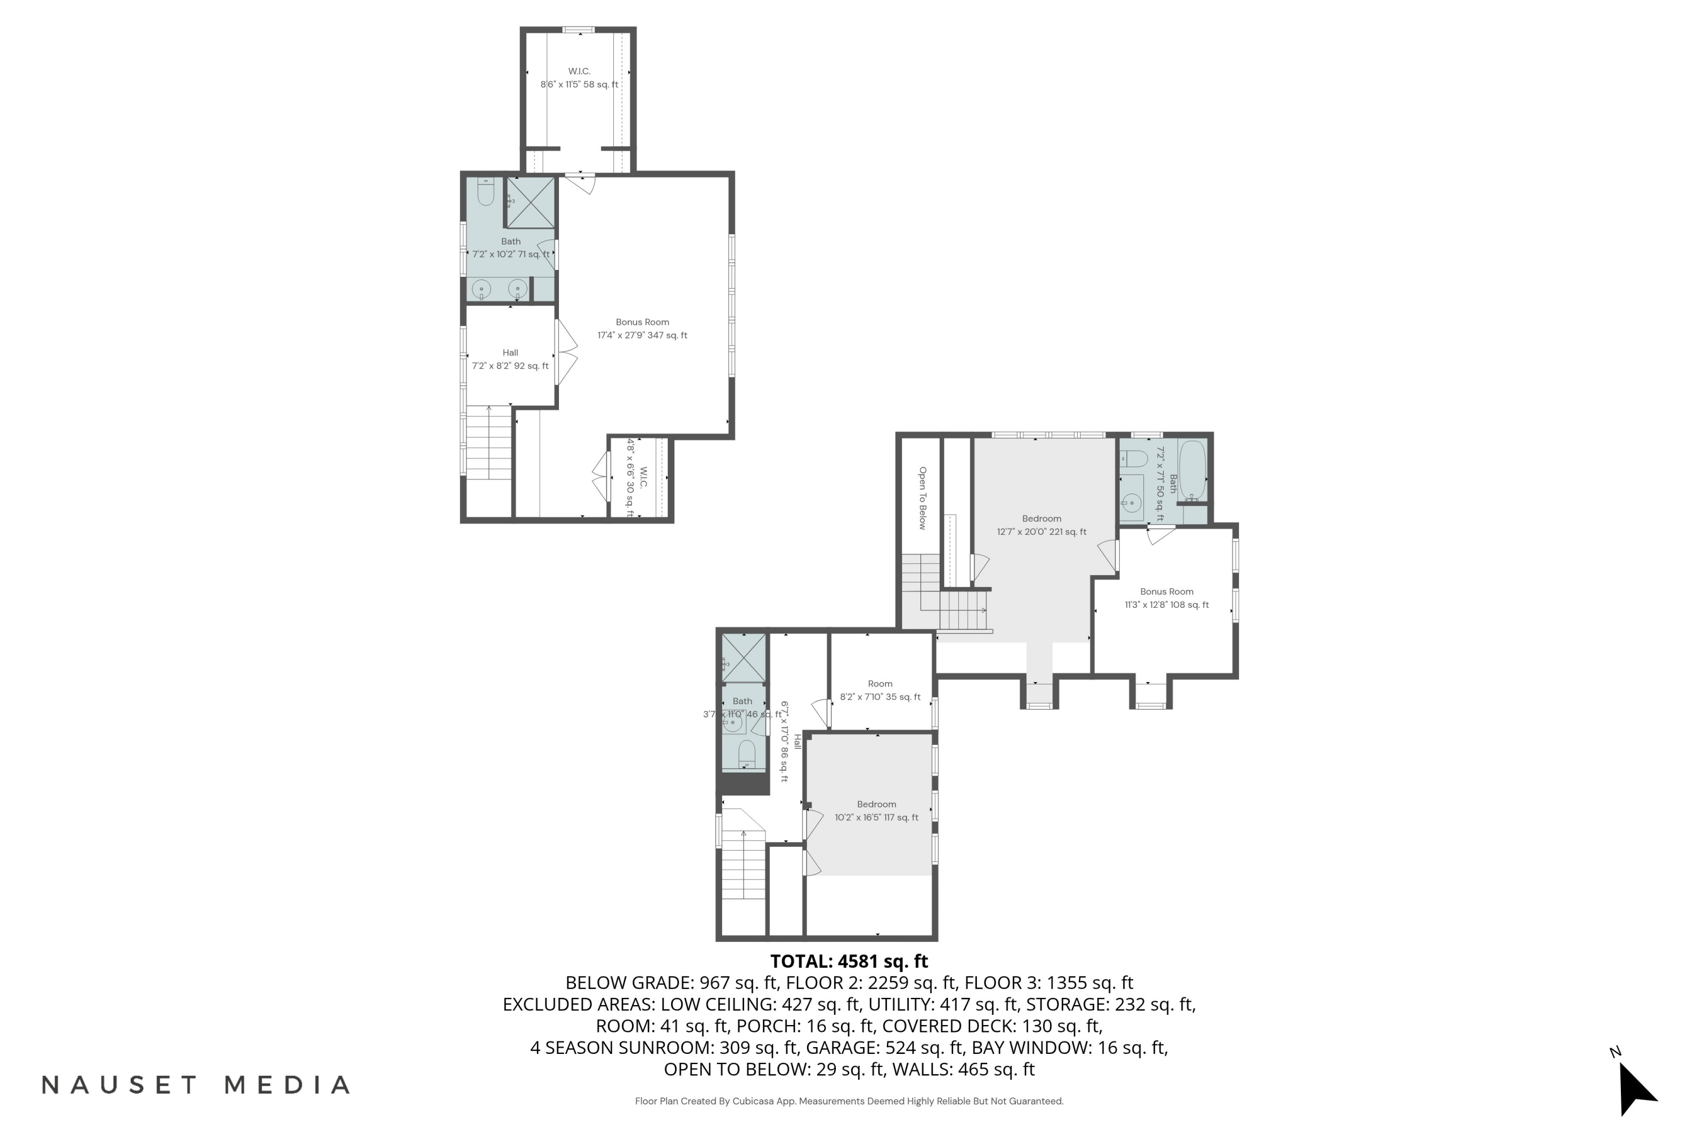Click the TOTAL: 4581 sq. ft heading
(849, 962)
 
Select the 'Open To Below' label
(922, 498)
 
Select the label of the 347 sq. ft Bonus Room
(642, 328)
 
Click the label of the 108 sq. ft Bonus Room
(1167, 598)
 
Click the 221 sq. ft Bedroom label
(1041, 525)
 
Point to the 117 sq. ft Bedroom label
(876, 811)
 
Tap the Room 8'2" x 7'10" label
(880, 690)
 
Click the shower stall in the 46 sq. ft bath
(744, 658)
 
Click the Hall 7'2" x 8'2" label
(510, 359)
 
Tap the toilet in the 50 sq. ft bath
(1133, 458)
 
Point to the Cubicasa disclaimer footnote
(849, 1101)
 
